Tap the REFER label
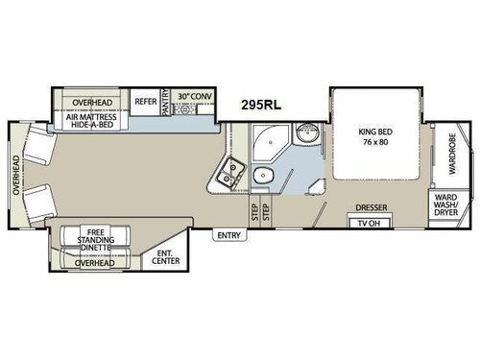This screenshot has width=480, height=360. point(146,100)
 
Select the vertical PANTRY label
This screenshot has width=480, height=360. point(165,104)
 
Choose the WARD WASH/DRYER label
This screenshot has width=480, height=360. point(446,205)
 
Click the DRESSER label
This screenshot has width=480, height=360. point(370,206)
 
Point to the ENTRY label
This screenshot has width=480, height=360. point(229,234)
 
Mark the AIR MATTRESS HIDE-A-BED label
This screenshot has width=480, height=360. point(94,119)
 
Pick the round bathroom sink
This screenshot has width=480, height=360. point(305,134)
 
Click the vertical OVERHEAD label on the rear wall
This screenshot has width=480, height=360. point(16,175)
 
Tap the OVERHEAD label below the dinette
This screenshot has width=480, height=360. point(95,262)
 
